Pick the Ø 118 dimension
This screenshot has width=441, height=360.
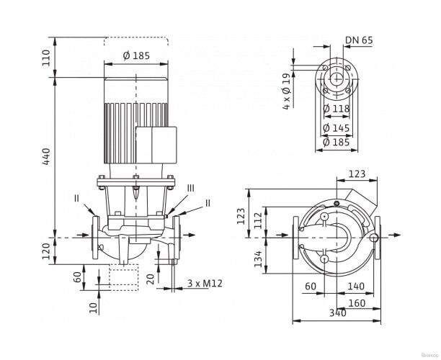337,109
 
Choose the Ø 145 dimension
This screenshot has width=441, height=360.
337,127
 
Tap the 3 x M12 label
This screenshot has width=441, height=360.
205,284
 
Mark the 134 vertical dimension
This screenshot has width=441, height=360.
258,258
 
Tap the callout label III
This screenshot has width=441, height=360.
190,188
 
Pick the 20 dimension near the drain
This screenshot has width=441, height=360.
149,278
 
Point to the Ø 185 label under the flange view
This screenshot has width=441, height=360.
337,143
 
